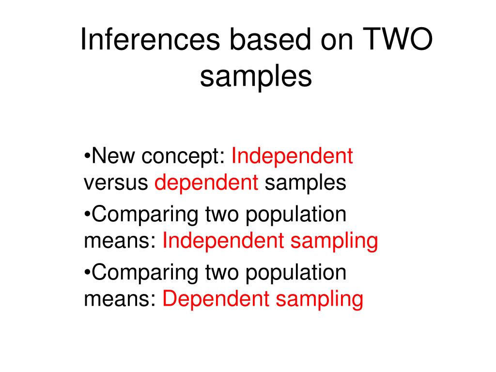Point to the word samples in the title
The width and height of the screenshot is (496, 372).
tap(255, 77)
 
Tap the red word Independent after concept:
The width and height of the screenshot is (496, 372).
tap(292, 156)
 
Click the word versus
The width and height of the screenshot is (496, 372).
tap(116, 183)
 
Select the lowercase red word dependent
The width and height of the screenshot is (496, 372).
tap(206, 183)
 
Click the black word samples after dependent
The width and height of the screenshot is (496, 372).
tap(305, 183)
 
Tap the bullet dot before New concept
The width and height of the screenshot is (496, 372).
tap(87, 156)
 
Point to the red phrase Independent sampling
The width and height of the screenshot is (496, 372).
tap(270, 241)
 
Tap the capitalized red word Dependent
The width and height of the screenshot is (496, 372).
tap(216, 299)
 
